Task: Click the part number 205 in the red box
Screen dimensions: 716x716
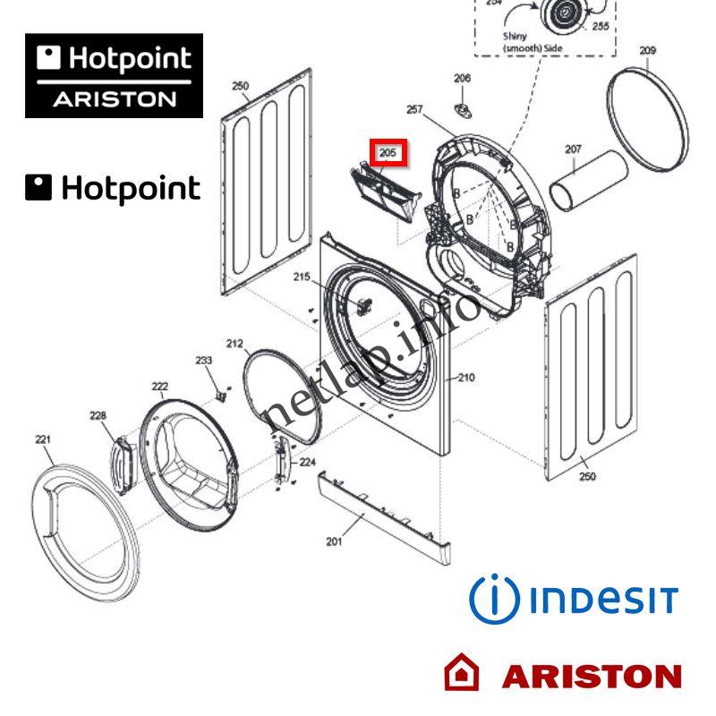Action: point(388,153)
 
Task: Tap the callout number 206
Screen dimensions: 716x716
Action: point(462,79)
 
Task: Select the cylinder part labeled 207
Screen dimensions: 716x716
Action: point(588,178)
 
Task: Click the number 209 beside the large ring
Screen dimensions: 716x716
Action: point(647,51)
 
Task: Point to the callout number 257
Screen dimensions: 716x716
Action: point(413,109)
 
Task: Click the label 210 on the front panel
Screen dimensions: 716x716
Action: point(465,378)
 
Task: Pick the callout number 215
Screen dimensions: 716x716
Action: point(302,277)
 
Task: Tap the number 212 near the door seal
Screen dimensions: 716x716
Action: point(234,344)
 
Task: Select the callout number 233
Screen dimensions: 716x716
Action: point(204,360)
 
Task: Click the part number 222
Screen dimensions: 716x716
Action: point(159,387)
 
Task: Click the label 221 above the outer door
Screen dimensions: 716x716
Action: point(43,439)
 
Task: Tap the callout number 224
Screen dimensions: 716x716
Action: point(307,462)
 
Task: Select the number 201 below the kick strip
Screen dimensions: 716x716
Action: point(334,541)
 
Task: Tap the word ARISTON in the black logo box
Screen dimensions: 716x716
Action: point(114,99)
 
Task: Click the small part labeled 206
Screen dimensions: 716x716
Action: point(463,108)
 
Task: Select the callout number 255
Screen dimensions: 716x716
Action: point(600,27)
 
